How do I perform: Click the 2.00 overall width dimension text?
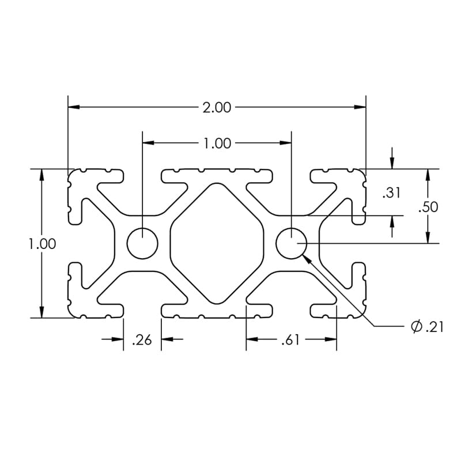click(217, 107)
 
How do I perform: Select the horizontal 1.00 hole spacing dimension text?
click(217, 143)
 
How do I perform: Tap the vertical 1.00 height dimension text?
click(43, 244)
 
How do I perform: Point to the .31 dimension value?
click(391, 193)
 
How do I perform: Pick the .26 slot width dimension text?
click(142, 341)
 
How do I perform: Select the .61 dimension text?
click(290, 341)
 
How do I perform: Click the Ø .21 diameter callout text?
click(427, 327)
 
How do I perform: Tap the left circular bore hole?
click(142, 243)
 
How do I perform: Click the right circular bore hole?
click(291, 243)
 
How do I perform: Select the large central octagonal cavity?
click(217, 243)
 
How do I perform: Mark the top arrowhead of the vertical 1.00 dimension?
click(41, 175)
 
